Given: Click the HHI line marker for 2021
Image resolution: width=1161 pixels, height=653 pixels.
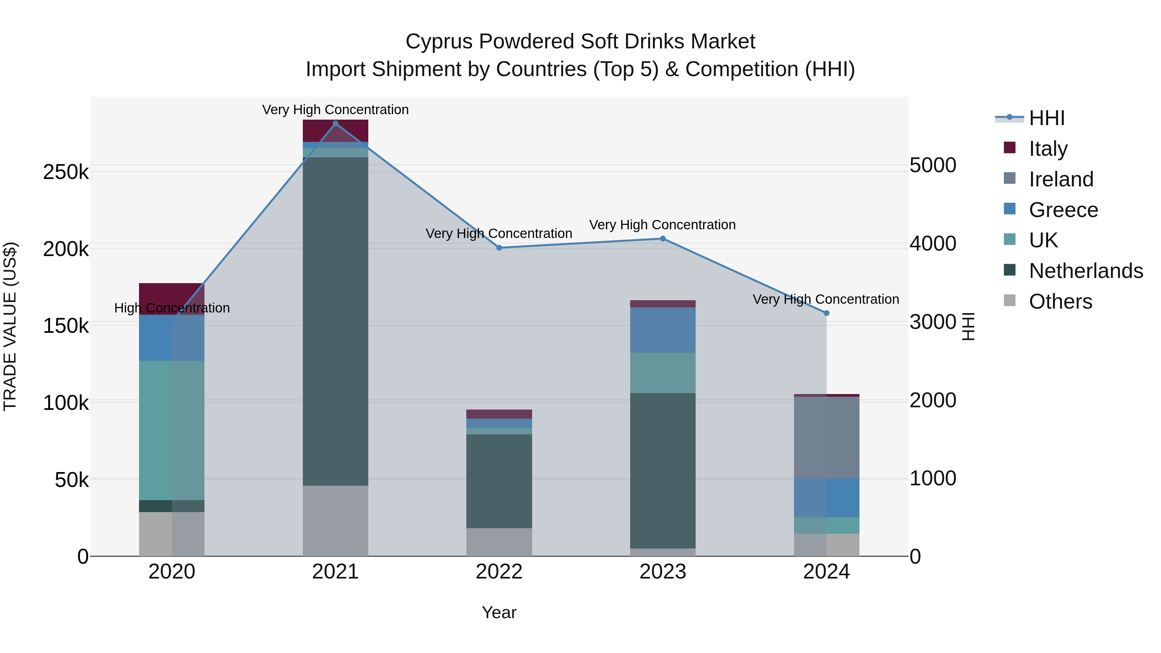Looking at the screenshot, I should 335,124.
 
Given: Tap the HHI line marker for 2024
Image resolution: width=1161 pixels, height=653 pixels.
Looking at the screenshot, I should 826,313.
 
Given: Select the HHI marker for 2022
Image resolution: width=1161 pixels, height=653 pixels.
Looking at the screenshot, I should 499,248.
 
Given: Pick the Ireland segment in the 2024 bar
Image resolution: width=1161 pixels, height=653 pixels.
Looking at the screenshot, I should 826,437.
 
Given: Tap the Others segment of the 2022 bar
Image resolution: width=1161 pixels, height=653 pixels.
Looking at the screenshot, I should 499,542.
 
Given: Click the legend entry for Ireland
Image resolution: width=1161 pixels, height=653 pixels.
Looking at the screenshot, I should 1061,179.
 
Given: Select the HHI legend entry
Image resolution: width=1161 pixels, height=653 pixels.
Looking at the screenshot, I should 1047,118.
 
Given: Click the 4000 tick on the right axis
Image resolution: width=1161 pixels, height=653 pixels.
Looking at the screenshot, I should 932,243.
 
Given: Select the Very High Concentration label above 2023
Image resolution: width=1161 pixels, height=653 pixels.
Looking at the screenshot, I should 662,224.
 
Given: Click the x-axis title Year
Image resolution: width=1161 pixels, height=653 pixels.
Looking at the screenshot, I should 499,612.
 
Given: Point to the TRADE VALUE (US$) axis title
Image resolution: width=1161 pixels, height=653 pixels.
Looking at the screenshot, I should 10,326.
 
